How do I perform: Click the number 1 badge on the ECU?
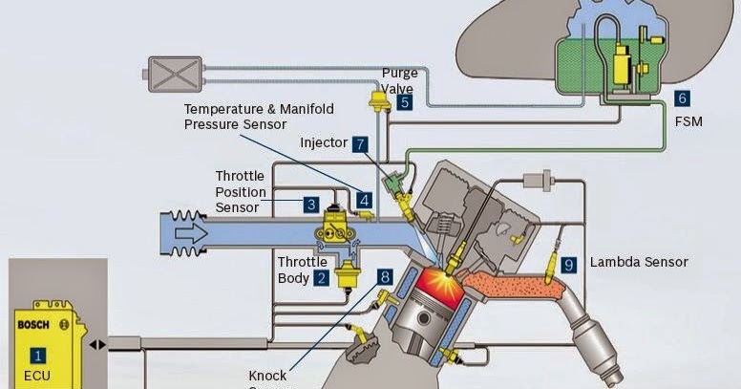pos(37,356)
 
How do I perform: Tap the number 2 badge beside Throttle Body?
pos(322,278)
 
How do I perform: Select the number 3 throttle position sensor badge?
pos(311,204)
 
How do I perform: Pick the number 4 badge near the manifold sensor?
pos(365,200)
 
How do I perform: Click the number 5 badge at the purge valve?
pos(405,101)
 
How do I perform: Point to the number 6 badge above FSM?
pos(682,97)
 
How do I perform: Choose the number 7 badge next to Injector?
pos(359,144)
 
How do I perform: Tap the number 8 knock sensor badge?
pos(385,277)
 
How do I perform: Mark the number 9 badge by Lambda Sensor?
pos(569,264)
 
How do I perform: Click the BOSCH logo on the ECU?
pos(33,325)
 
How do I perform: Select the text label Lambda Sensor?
pos(639,262)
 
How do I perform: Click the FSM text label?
pos(688,122)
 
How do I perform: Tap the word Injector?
pos(323,143)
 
